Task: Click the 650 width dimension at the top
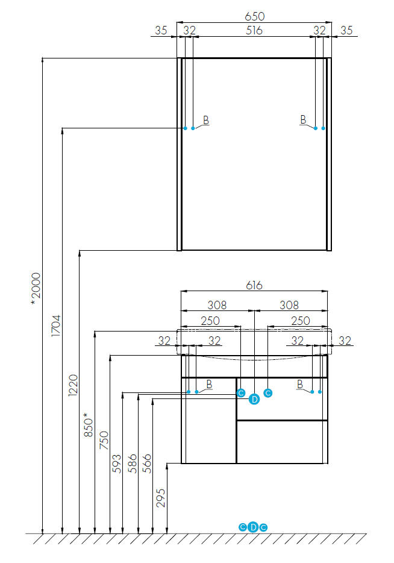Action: tap(254, 16)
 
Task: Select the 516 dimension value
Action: tap(254, 31)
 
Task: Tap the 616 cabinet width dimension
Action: tap(254, 285)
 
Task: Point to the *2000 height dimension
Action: tap(36, 289)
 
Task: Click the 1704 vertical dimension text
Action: tap(56, 326)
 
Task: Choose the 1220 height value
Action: tap(73, 385)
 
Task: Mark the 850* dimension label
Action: tap(89, 425)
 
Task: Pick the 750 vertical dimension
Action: tap(104, 440)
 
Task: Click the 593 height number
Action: tap(117, 464)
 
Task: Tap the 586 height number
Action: tap(133, 464)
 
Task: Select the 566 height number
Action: tap(147, 464)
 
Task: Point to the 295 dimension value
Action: tap(161, 498)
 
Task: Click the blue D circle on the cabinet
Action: tap(254, 399)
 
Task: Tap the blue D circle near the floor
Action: tap(253, 527)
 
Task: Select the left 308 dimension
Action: tap(217, 305)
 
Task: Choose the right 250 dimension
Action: tap(301, 321)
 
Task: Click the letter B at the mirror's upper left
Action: tap(206, 121)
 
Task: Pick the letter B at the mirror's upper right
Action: tap(303, 119)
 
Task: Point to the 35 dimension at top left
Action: tap(161, 31)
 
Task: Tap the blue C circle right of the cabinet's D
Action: tap(268, 393)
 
